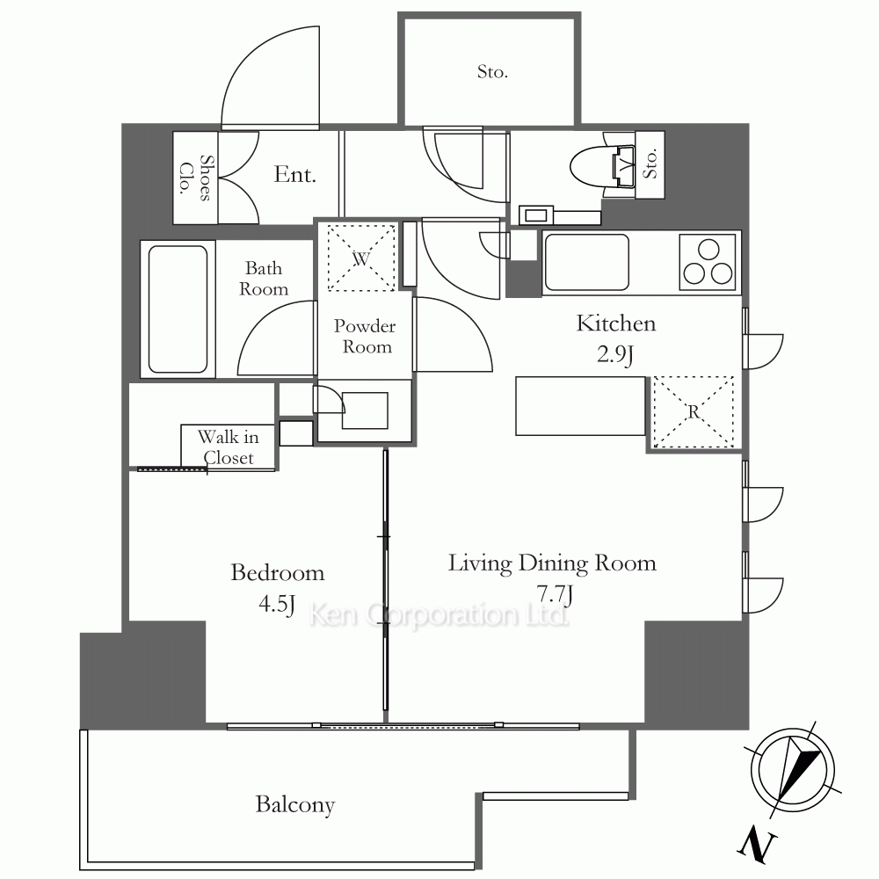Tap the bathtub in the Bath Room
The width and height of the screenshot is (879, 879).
[178, 309]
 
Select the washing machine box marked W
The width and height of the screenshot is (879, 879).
[361, 258]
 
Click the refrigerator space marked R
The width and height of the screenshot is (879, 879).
[694, 412]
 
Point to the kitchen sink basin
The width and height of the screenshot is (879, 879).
[586, 262]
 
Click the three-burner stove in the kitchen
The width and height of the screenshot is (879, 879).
[708, 262]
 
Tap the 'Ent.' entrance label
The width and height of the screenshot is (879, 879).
[294, 175]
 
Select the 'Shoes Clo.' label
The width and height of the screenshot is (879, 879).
[196, 178]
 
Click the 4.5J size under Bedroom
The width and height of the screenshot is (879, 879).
[277, 605]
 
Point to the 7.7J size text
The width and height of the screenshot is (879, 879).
[555, 594]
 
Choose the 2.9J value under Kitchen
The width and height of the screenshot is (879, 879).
[615, 355]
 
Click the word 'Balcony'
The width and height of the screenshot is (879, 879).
[294, 805]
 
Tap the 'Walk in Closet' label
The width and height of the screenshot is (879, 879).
[229, 447]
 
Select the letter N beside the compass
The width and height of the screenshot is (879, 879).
[757, 846]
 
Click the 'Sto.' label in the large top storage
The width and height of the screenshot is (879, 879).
[492, 72]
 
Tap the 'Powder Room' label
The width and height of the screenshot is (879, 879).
[365, 337]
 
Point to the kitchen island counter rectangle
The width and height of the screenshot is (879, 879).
[580, 406]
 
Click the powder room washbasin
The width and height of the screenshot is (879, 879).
[365, 410]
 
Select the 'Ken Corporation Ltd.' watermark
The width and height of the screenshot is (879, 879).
[439, 615]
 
